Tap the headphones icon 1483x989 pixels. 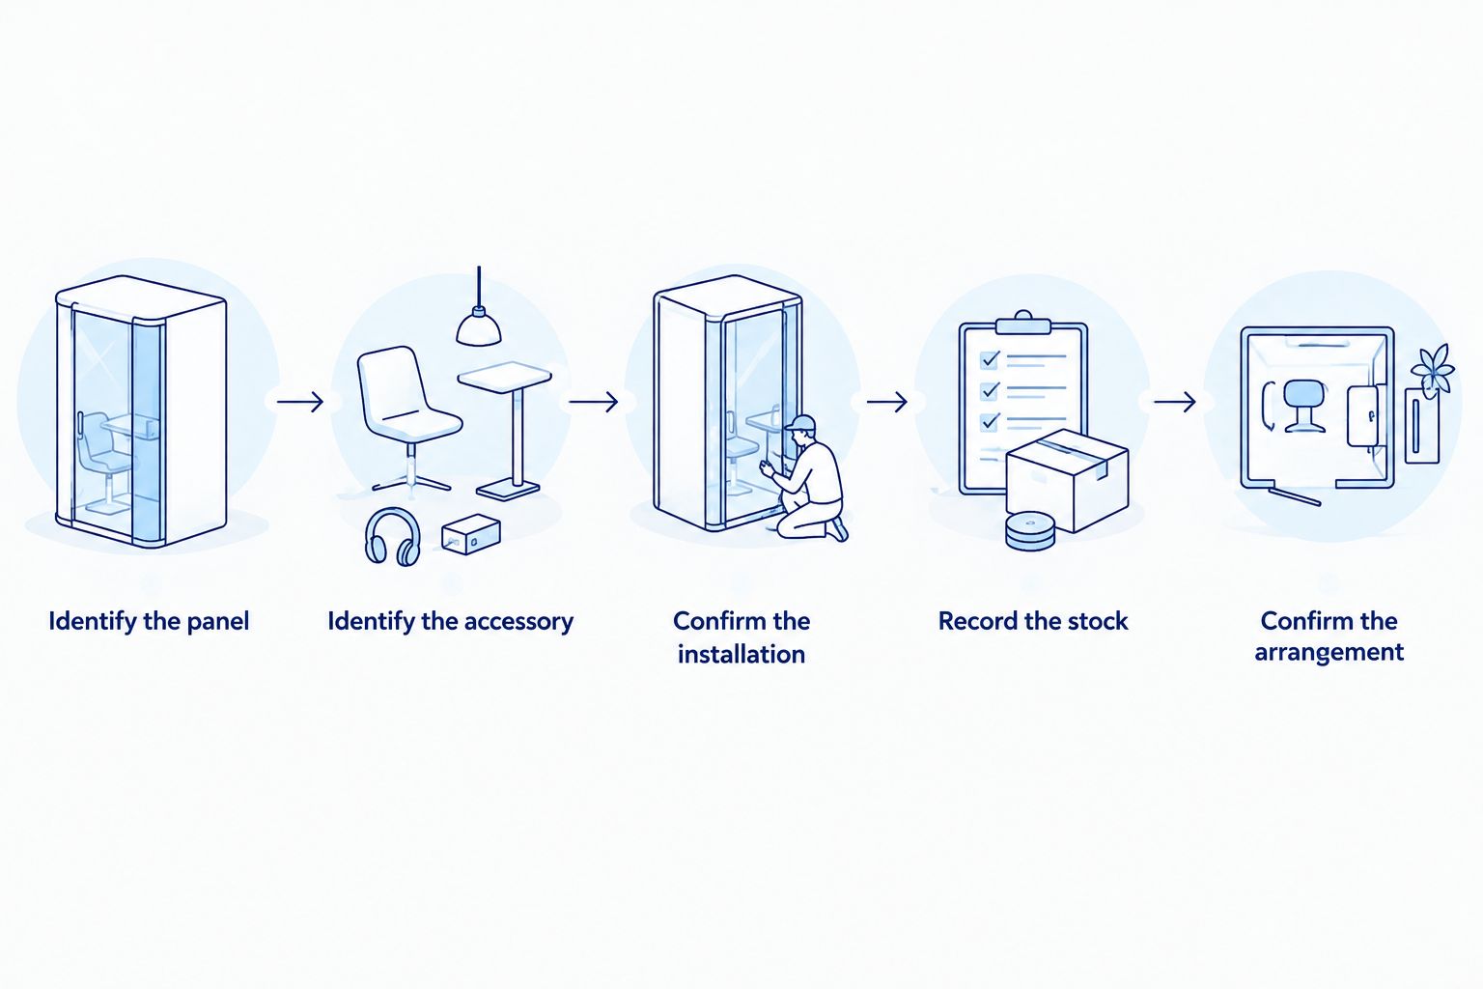click(x=393, y=537)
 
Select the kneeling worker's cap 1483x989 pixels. click(x=799, y=424)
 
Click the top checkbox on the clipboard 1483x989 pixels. click(x=990, y=359)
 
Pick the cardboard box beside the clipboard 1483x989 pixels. click(x=1067, y=480)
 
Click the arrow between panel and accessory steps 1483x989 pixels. click(x=300, y=402)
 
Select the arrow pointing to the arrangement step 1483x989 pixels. click(x=1175, y=402)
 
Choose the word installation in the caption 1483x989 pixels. click(x=741, y=655)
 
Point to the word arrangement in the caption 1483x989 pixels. click(x=1329, y=653)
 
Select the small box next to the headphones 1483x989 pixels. click(x=471, y=533)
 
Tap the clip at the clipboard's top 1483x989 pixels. click(x=1023, y=324)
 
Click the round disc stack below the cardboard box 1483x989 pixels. click(x=1029, y=530)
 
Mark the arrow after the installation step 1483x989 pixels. click(x=886, y=402)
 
